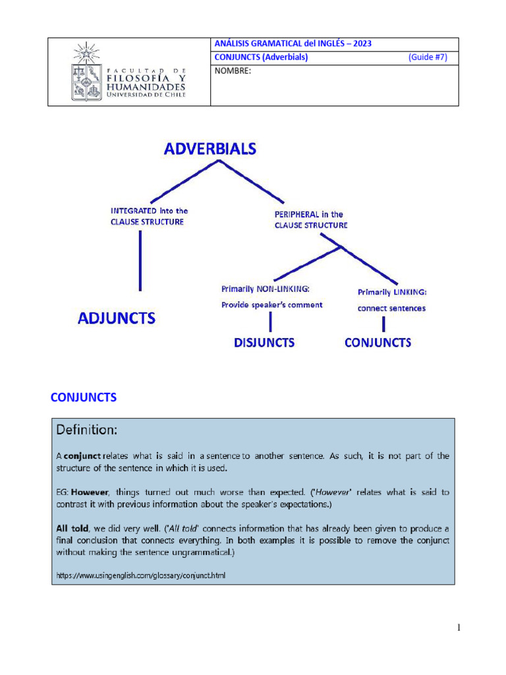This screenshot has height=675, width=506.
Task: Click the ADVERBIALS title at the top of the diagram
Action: click(210, 148)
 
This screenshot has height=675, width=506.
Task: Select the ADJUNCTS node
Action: click(117, 318)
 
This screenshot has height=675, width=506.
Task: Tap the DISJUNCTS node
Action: click(264, 342)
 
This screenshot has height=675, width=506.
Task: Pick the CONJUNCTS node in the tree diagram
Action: click(378, 342)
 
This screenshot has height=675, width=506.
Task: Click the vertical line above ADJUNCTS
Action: click(140, 260)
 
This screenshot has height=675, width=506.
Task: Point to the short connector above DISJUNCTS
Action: click(270, 322)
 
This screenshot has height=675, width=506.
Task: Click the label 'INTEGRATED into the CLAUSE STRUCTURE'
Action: click(148, 216)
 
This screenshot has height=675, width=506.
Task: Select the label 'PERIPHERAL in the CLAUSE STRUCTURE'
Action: click(310, 220)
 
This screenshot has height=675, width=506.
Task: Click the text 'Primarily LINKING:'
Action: click(392, 291)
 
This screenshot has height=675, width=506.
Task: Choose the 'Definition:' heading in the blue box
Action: click(86, 430)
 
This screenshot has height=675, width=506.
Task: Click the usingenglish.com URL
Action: click(140, 575)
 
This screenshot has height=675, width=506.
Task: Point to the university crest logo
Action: click(86, 71)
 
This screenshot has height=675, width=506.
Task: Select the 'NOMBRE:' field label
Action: click(233, 71)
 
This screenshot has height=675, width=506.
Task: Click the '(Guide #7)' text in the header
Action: click(428, 57)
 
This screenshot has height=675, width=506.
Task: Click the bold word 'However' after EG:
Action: click(88, 492)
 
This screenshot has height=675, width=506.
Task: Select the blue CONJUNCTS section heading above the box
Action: click(84, 397)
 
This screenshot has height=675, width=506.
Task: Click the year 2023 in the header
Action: click(362, 44)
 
